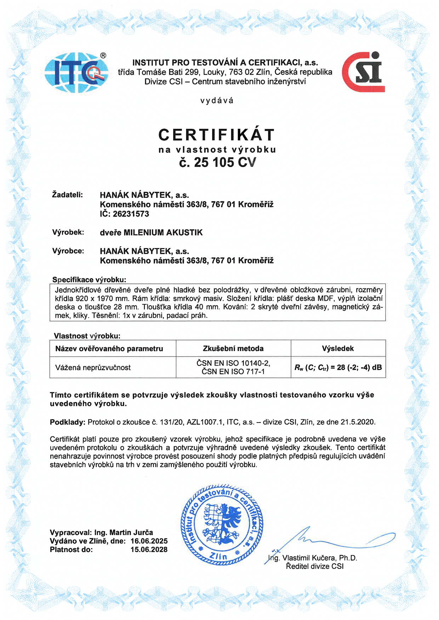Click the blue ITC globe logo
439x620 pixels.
(76, 73)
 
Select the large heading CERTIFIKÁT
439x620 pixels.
(217, 135)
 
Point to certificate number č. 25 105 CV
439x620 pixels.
(217, 162)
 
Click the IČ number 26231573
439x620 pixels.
(131, 214)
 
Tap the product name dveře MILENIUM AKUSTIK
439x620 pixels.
(151, 232)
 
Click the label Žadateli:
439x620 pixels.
(67, 195)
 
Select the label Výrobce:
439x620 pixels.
(68, 251)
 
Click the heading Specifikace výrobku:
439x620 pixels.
(89, 280)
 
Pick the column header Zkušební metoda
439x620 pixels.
(233, 349)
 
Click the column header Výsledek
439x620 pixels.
(338, 349)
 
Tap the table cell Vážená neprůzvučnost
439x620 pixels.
(93, 368)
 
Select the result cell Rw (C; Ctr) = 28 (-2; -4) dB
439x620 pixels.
(338, 368)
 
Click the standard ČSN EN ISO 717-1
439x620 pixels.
(233, 372)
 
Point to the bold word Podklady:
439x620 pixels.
(67, 422)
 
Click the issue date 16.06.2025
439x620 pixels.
(149, 541)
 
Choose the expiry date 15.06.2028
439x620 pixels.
(149, 550)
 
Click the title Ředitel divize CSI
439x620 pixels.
(315, 566)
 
